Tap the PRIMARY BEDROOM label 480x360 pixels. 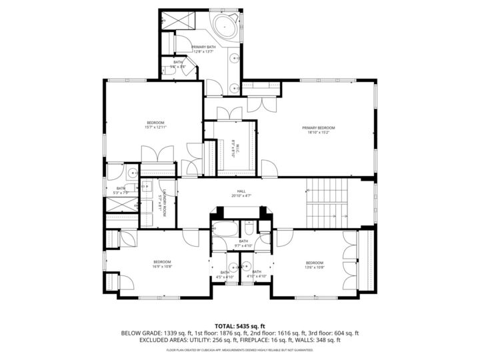pos(318,128)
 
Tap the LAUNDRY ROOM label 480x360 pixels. pos(162,201)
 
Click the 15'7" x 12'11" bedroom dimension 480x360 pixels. pos(155,127)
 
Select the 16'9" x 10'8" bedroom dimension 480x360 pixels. pos(162,267)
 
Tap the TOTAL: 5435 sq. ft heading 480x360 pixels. pos(239,325)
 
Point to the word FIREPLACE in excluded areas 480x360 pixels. pos(272,340)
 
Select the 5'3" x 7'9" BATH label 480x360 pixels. pos(121,189)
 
